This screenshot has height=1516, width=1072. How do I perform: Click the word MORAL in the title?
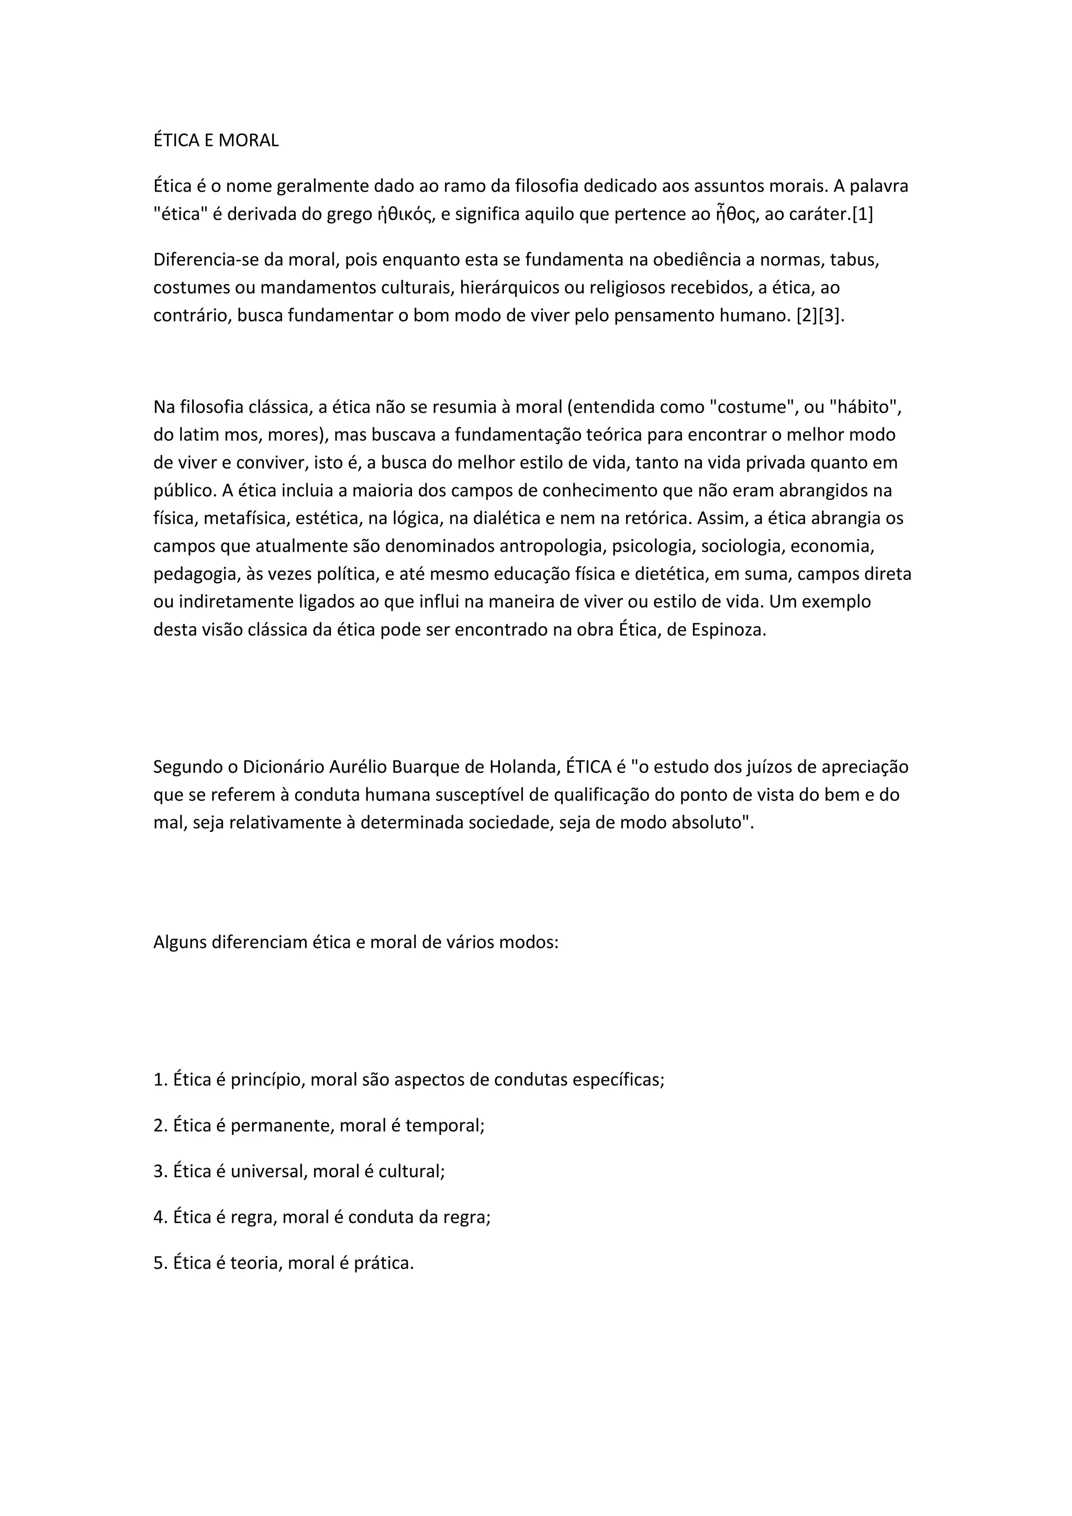(248, 141)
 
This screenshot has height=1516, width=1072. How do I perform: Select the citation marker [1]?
(862, 215)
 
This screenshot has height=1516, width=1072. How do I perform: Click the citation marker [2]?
(807, 316)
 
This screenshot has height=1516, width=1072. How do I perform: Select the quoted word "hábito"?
(867, 407)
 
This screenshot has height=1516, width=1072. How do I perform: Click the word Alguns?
(180, 942)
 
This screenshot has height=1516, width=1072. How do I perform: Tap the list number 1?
(159, 1080)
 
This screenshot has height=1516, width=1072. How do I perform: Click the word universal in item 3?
(268, 1172)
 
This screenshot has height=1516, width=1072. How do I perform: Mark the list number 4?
(159, 1217)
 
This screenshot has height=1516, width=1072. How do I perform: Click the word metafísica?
(245, 519)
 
